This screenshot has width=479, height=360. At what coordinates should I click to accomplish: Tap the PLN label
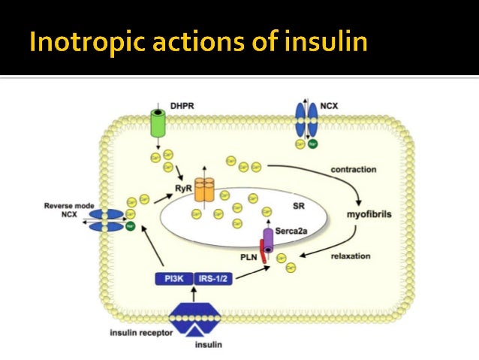point(249,256)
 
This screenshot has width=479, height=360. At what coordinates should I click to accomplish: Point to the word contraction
point(353,170)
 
